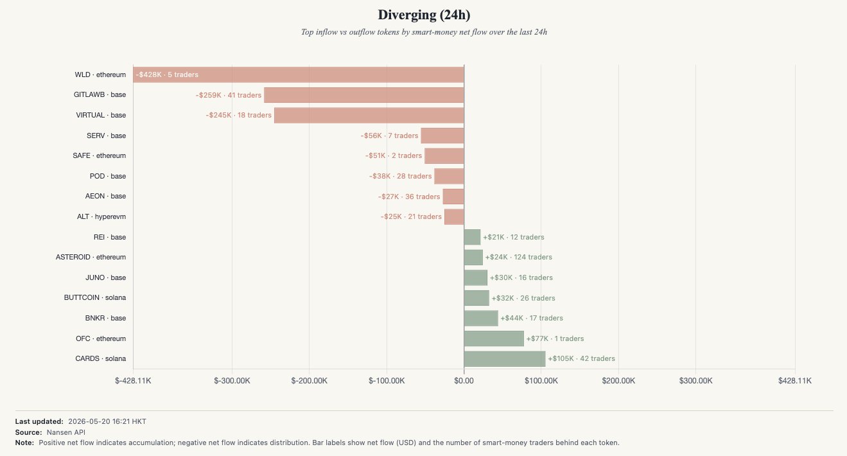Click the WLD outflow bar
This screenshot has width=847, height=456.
299,75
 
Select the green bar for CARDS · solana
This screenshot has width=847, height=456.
505,358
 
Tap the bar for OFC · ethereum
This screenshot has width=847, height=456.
494,338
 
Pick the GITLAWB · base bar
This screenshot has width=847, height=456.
363,95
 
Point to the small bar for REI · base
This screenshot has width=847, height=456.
472,237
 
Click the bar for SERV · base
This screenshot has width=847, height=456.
442,136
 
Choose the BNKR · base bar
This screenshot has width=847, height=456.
481,318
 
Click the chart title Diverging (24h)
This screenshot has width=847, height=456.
424,15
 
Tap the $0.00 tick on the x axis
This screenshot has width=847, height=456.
464,380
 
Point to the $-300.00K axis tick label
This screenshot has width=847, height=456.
232,380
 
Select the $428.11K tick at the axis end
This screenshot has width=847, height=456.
795,380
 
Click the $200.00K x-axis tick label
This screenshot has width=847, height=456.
618,380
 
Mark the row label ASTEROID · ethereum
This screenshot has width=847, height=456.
91,257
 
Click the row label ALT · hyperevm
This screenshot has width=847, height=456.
101,216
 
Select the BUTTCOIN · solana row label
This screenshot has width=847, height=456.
95,297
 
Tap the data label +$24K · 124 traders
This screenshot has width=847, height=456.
518,257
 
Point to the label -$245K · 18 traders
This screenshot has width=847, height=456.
239,115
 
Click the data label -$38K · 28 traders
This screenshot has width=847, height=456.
401,176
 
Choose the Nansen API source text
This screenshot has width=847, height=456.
65,432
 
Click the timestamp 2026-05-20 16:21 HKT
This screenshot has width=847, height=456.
107,421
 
